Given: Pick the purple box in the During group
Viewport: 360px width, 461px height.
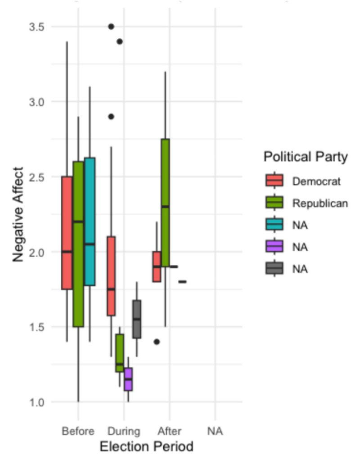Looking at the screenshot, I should [x=128, y=379].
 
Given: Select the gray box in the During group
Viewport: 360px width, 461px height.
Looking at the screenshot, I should [x=136, y=319].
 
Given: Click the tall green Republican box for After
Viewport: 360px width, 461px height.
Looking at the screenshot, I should [x=165, y=203].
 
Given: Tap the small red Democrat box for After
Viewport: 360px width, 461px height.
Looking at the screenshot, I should [x=157, y=267].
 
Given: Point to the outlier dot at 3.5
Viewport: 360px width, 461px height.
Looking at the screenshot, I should [x=111, y=27].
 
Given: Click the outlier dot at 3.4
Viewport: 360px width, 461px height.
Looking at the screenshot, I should [x=120, y=41].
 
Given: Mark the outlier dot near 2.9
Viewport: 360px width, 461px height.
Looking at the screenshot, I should [x=111, y=117].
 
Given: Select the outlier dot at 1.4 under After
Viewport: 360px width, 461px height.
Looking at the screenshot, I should [x=157, y=342].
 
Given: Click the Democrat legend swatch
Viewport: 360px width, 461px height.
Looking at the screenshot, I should [x=274, y=181].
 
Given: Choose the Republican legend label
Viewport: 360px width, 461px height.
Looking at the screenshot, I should [x=320, y=203].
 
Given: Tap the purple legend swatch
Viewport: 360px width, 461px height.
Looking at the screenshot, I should [x=274, y=247].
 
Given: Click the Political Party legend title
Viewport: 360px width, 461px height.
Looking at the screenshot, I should [x=306, y=157].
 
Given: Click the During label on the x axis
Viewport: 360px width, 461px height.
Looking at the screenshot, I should [x=124, y=431].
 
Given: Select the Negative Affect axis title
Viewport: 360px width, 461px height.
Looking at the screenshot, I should [x=18, y=214].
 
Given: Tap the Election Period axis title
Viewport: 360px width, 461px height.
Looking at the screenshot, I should [x=146, y=447].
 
